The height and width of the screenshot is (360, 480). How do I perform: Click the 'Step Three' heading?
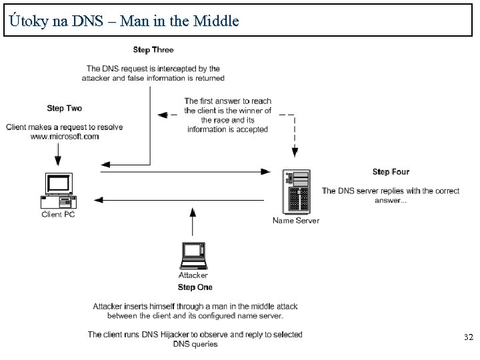click(x=153, y=50)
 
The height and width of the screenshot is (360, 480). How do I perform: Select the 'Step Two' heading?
click(x=65, y=108)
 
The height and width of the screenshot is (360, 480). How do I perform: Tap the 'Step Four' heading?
click(x=391, y=172)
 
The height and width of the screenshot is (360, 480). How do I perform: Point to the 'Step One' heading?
click(x=195, y=287)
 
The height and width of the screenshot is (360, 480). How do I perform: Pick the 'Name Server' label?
click(x=296, y=221)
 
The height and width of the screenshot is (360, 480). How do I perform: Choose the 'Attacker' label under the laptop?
click(x=193, y=275)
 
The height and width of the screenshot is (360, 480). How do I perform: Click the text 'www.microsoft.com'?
click(x=65, y=137)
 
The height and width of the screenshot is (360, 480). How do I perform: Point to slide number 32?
click(x=468, y=338)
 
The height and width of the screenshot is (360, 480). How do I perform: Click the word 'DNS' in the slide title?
click(x=86, y=21)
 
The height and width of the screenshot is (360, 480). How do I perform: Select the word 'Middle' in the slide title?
click(x=215, y=21)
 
